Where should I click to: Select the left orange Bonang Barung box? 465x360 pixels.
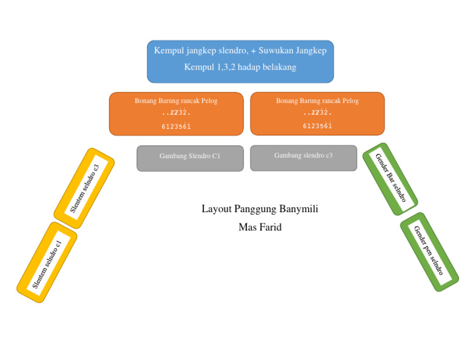[176, 114]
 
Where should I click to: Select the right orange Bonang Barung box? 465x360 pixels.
[317, 114]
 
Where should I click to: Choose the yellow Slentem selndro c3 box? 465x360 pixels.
[84, 188]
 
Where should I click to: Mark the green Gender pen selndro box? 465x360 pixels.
[429, 252]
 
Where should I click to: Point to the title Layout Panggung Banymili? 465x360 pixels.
[260, 209]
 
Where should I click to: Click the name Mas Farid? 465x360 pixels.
[260, 228]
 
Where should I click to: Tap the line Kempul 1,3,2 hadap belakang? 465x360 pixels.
[240, 67]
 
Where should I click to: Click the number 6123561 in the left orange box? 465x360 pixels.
[176, 127]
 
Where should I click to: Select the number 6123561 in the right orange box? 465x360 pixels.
[317, 126]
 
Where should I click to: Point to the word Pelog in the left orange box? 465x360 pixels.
[208, 101]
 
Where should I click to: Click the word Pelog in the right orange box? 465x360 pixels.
[349, 101]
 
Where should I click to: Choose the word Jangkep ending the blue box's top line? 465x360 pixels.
[311, 51]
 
